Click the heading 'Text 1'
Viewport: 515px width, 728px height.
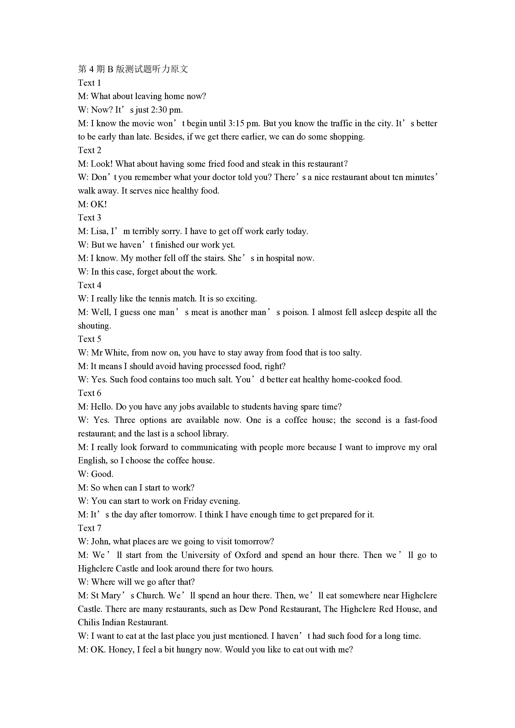[x=89, y=83]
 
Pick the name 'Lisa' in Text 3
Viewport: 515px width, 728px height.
[x=99, y=232]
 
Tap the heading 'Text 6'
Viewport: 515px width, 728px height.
[x=89, y=393]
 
